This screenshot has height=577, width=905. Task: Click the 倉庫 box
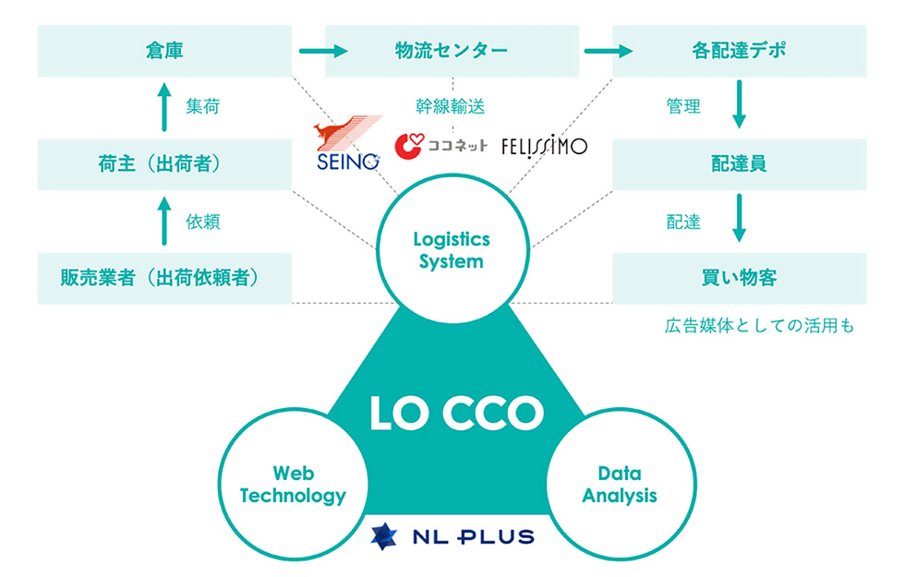tap(164, 51)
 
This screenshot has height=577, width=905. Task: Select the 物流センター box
tap(452, 51)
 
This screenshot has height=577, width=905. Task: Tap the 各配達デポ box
tap(739, 51)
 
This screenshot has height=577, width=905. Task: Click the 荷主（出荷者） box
tap(164, 164)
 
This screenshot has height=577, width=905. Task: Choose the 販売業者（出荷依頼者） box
tap(164, 277)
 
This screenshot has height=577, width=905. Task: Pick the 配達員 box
tap(739, 164)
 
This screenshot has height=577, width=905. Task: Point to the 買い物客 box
tap(739, 277)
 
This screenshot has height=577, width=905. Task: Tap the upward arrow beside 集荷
tap(164, 107)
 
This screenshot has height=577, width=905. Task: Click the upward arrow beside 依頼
tap(164, 221)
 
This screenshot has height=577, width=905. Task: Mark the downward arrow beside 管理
tap(739, 107)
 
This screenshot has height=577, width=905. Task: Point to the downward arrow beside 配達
tap(739, 221)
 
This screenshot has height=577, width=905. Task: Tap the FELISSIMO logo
tap(544, 146)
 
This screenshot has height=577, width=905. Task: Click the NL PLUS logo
tap(452, 535)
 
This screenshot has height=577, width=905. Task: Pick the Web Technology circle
tap(293, 486)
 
